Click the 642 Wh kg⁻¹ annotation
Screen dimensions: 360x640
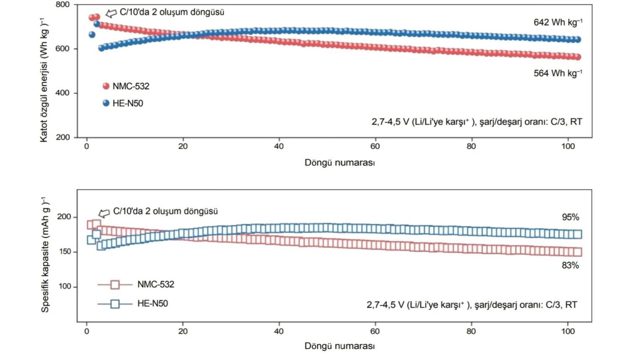[x=557, y=22]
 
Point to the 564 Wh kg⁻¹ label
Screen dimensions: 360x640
[x=557, y=73]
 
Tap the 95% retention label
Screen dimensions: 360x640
[x=570, y=217]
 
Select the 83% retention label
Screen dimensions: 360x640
[x=570, y=265]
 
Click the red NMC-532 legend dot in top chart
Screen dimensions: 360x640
[x=106, y=86]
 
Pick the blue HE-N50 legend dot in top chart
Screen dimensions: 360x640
[x=106, y=103]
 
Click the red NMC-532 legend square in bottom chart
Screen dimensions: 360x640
[x=115, y=285]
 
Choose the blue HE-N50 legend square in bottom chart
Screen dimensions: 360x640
[x=115, y=304]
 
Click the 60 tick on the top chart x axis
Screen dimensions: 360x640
[x=375, y=146]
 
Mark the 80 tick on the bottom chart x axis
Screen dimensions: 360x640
[x=471, y=332]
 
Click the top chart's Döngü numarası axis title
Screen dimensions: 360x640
[x=340, y=162]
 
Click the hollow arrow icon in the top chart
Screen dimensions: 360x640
[x=111, y=13]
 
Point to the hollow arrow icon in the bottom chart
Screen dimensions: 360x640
[x=104, y=213]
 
